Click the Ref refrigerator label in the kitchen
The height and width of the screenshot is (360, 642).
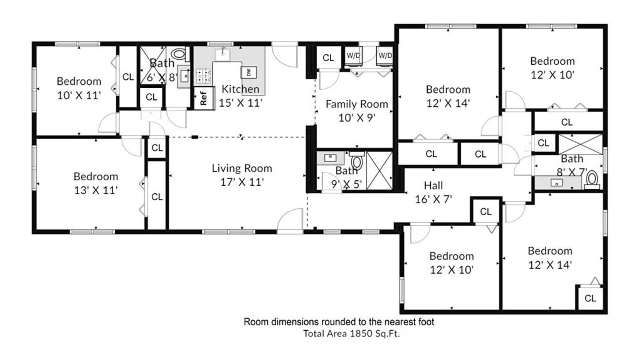point(203,98)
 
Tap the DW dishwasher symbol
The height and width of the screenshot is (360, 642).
point(249,72)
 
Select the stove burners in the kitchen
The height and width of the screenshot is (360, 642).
point(203,76)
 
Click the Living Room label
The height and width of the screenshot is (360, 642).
point(242,168)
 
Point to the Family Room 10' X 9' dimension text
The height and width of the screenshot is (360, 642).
point(357,118)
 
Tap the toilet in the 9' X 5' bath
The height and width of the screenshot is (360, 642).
point(357,161)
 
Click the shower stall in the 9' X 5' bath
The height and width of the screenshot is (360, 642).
point(380,171)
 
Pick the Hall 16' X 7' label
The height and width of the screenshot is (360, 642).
point(433,192)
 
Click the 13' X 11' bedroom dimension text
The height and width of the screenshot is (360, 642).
point(96,190)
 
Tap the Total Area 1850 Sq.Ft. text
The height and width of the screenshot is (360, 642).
point(351,334)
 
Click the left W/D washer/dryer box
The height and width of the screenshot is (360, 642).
point(353,56)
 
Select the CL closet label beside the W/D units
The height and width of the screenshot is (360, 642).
point(328,58)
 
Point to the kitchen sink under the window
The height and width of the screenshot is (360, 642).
point(222,54)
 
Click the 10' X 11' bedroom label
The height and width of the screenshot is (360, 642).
point(79,88)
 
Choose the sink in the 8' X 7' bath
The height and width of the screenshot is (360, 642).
point(556,183)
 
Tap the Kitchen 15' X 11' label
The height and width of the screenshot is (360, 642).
point(240,96)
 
